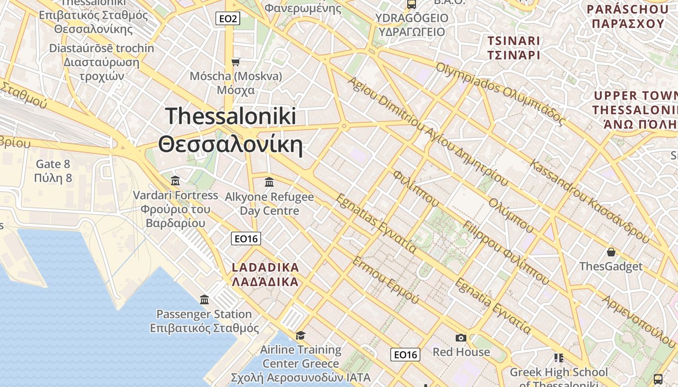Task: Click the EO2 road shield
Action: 228,19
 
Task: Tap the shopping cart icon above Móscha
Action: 236,62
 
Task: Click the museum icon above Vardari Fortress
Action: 175,181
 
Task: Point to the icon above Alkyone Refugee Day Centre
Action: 269,182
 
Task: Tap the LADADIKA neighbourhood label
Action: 265,274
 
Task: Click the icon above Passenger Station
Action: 204,299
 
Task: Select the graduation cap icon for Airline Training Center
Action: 301,335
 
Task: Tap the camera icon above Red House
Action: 461,338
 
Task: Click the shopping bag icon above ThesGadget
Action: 611,252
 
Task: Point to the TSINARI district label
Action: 513,48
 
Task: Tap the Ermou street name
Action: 386,280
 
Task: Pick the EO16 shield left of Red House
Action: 405,355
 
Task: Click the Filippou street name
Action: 506,253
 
